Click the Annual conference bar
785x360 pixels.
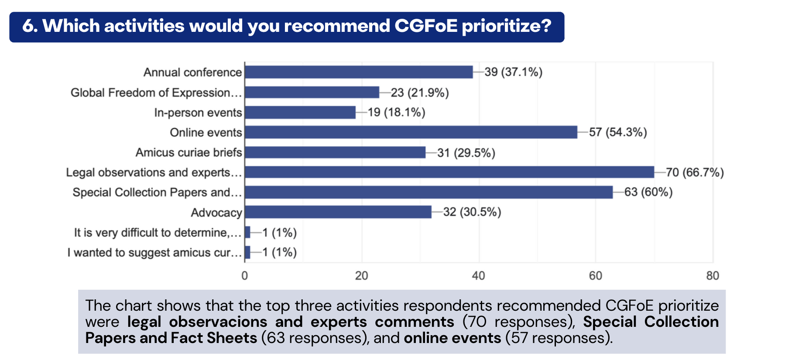(x=359, y=72)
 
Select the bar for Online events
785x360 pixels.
(x=411, y=132)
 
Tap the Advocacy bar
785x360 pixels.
(x=338, y=212)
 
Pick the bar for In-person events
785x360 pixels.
(x=300, y=113)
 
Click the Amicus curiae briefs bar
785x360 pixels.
(x=335, y=152)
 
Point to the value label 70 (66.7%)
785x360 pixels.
(x=695, y=172)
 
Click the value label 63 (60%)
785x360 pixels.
(x=648, y=192)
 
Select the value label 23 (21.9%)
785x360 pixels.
(x=420, y=93)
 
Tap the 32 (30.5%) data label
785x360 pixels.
(x=472, y=212)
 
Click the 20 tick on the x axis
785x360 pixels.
(x=361, y=276)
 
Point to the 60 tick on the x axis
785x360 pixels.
(x=596, y=276)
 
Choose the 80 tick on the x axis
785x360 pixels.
(x=713, y=276)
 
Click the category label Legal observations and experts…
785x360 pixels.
(x=154, y=172)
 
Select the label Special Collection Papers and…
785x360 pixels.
(x=157, y=192)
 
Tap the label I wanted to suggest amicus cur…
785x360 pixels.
(x=154, y=253)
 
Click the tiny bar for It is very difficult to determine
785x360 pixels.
(x=247, y=232)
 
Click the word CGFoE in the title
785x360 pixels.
(x=426, y=26)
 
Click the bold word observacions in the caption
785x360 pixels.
(x=218, y=322)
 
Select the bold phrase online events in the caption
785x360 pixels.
(x=452, y=338)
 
